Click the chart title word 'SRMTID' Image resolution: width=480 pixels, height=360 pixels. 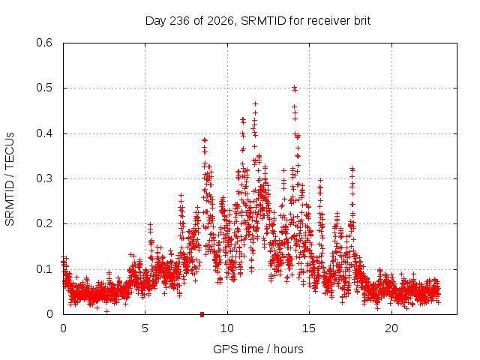click(x=263, y=21)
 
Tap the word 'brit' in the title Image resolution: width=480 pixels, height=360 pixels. click(x=362, y=21)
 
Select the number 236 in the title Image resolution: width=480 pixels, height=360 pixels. click(x=180, y=21)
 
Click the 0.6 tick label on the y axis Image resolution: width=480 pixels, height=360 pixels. click(x=44, y=43)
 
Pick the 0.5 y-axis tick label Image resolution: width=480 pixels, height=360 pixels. click(x=44, y=88)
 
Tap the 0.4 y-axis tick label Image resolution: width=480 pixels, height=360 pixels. click(x=44, y=133)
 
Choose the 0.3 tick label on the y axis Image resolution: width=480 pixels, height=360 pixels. click(x=44, y=178)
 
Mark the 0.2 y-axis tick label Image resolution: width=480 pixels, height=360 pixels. click(x=44, y=223)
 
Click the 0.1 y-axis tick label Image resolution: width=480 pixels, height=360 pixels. click(x=44, y=269)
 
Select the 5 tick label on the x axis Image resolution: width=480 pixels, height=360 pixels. click(x=145, y=328)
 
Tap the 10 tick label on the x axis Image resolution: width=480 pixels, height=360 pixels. click(x=226, y=328)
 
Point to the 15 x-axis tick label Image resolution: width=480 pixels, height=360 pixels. click(x=309, y=328)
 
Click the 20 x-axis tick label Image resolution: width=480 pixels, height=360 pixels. click(x=391, y=328)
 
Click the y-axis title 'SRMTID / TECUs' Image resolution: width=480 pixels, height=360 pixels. click(x=10, y=179)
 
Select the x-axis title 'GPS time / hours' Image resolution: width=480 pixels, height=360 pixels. click(x=258, y=349)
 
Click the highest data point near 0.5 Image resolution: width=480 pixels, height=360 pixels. click(x=294, y=87)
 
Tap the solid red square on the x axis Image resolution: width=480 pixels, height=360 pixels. click(x=202, y=314)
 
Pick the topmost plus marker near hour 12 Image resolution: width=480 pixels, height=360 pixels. click(x=255, y=103)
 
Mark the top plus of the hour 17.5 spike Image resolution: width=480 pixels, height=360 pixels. click(x=352, y=168)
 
